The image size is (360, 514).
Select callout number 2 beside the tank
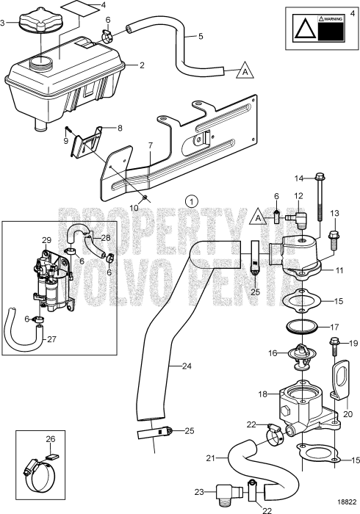(x=142, y=66)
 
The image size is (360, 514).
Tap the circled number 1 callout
(x=192, y=200)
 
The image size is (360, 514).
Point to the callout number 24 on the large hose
(x=171, y=365)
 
